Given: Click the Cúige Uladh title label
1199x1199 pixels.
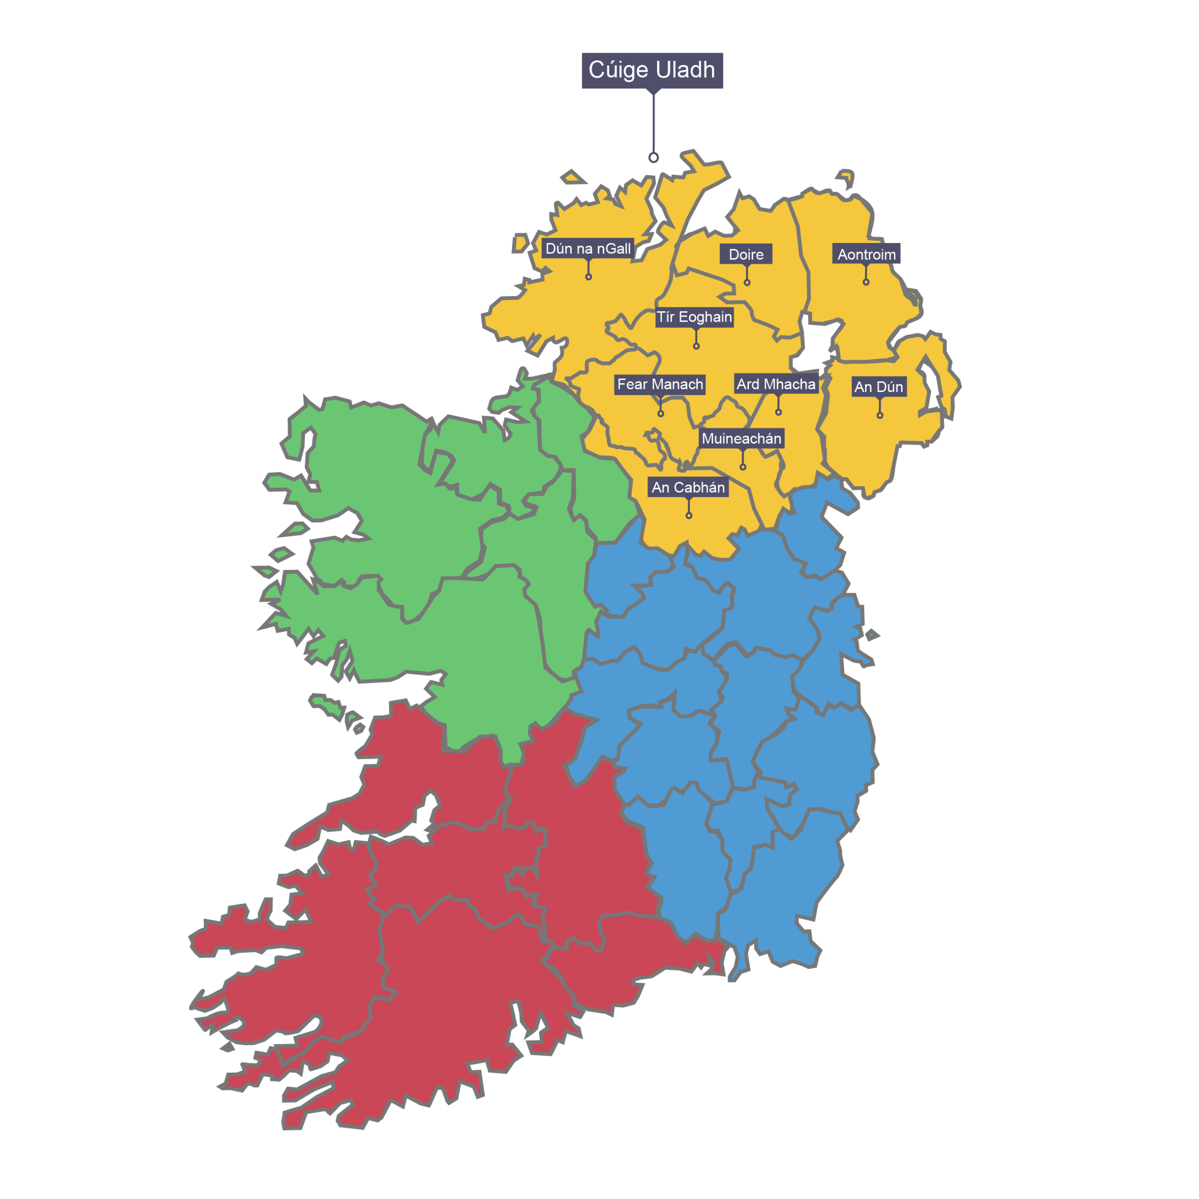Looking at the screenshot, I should coord(651,70).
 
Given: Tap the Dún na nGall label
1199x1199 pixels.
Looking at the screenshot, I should coord(588,248).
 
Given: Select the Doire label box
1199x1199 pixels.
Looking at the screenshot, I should coord(746,254).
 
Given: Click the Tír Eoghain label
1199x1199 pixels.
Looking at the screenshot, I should coord(695,317).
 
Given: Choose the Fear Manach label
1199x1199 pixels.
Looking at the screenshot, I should coord(660,384).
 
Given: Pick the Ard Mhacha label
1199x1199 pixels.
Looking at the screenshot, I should coord(776,384).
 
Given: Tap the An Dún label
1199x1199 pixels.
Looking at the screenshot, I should coord(878,387).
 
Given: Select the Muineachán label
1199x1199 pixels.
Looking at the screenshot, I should coord(741,438).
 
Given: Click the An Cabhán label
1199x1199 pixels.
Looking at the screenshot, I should coord(688,487).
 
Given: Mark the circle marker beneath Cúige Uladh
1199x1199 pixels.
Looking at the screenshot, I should coord(653,158).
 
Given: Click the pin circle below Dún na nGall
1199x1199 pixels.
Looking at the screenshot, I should coord(588,277).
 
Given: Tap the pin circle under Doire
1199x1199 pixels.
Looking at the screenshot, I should coord(747,282).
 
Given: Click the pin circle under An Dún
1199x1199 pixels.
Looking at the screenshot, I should coord(880,415).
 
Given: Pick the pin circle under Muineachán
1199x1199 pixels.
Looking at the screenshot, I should coord(742,466).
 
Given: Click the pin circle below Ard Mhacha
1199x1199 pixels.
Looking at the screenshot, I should coord(778,412).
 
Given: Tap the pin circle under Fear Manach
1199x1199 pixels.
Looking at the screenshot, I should coord(660,413).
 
